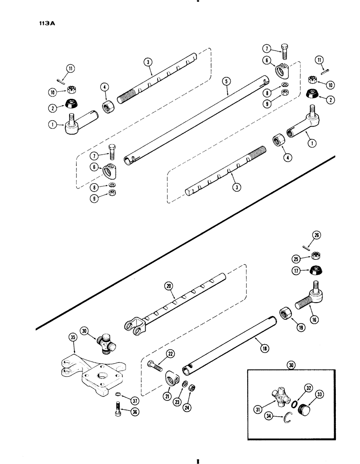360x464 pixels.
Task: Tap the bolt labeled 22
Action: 154,365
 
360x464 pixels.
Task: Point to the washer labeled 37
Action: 118,394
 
